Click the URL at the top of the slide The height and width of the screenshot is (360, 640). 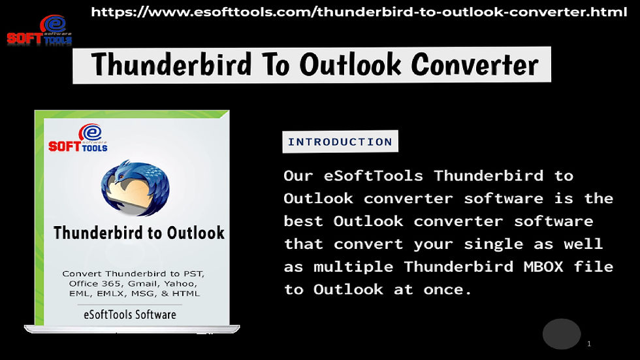[x=359, y=12]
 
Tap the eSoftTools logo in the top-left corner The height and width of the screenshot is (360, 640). [x=40, y=30]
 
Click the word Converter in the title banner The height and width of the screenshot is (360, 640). [x=475, y=65]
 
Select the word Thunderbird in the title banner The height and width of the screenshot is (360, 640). [x=171, y=65]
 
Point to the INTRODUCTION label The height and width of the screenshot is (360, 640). [x=340, y=142]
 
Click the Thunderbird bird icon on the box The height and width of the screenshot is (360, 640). [x=135, y=188]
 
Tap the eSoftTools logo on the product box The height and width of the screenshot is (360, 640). [x=78, y=138]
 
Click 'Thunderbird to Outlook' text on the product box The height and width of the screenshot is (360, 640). [x=138, y=233]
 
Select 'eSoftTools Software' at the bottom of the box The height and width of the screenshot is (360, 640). [x=130, y=315]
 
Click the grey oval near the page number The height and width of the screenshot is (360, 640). [x=562, y=334]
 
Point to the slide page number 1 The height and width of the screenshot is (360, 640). [x=589, y=344]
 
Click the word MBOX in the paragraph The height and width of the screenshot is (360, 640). [x=543, y=267]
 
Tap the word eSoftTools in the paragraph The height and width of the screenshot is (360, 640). [x=374, y=176]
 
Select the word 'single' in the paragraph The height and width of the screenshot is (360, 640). [x=494, y=244]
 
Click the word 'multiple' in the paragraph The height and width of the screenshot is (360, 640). [x=353, y=267]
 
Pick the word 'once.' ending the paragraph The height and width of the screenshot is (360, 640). [x=447, y=289]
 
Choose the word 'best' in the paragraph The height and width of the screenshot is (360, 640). [x=303, y=221]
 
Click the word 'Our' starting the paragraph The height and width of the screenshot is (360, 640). [x=298, y=176]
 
